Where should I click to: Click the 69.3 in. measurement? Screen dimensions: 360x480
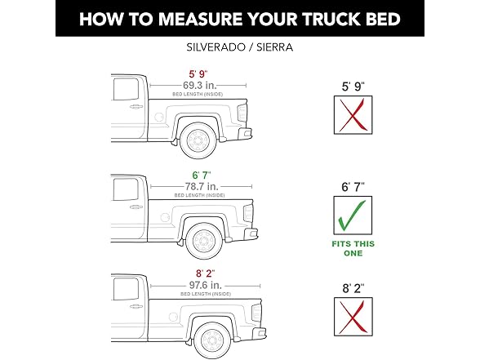click(x=200, y=84)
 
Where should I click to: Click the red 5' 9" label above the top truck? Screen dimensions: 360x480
click(x=199, y=72)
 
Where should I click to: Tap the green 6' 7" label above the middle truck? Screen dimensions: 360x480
click(x=199, y=176)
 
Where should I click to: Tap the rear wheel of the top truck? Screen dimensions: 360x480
click(x=199, y=140)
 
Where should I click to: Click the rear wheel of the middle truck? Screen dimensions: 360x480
click(x=203, y=242)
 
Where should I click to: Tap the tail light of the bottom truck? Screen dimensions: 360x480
click(x=255, y=312)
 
